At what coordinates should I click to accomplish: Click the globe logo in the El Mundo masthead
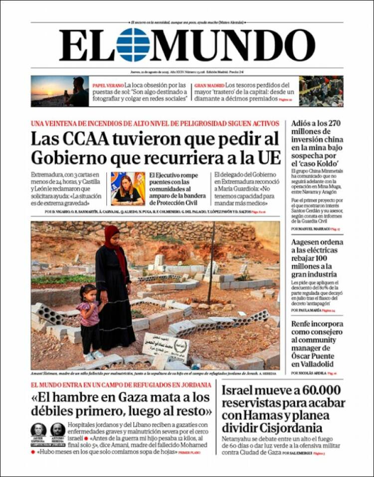(133, 45)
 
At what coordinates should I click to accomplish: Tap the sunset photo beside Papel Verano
(60, 91)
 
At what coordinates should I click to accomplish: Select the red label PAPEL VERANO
(107, 85)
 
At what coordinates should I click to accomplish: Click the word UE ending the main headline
(269, 158)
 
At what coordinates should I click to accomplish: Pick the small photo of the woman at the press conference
(128, 189)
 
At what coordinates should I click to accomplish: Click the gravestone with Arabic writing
(167, 345)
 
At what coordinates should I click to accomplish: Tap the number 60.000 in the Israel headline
(317, 390)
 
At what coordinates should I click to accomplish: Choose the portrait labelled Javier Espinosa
(38, 431)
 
